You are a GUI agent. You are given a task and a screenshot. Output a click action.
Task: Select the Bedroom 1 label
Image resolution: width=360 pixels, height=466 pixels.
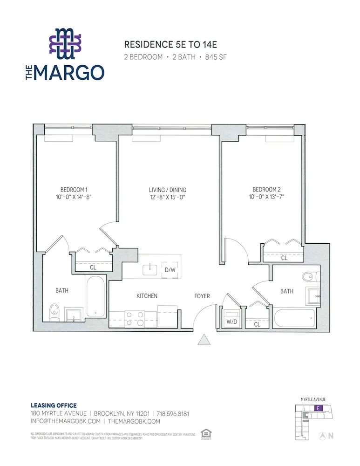74,190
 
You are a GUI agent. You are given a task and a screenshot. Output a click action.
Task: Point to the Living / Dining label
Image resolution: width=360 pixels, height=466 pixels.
167,190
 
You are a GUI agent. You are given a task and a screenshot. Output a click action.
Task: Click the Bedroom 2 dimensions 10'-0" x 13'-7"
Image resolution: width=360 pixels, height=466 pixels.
266,197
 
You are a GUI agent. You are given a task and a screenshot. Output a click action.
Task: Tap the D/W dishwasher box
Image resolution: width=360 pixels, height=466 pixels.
169,269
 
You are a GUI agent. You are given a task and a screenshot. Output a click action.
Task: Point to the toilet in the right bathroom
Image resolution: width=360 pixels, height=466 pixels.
309,276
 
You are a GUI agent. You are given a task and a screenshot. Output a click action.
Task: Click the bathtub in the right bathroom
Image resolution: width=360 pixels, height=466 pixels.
294,319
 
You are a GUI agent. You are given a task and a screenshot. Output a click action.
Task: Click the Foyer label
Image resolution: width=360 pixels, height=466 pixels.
202,296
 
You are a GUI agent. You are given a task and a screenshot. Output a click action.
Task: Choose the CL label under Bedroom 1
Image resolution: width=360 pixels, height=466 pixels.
93,267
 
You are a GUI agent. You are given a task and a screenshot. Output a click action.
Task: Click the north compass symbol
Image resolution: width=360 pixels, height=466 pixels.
322,436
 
